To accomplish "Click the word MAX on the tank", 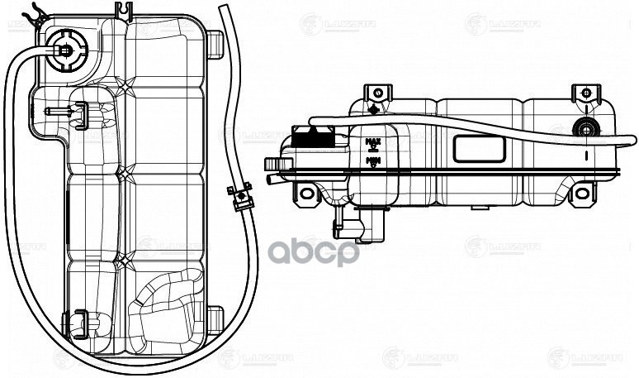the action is point(372,142).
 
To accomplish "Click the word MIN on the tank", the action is point(372,159).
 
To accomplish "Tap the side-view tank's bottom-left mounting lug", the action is point(307,194).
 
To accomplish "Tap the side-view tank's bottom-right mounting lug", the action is point(582,194).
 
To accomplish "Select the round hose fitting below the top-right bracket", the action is point(586,129).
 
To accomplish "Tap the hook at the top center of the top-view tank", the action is point(125,11).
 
